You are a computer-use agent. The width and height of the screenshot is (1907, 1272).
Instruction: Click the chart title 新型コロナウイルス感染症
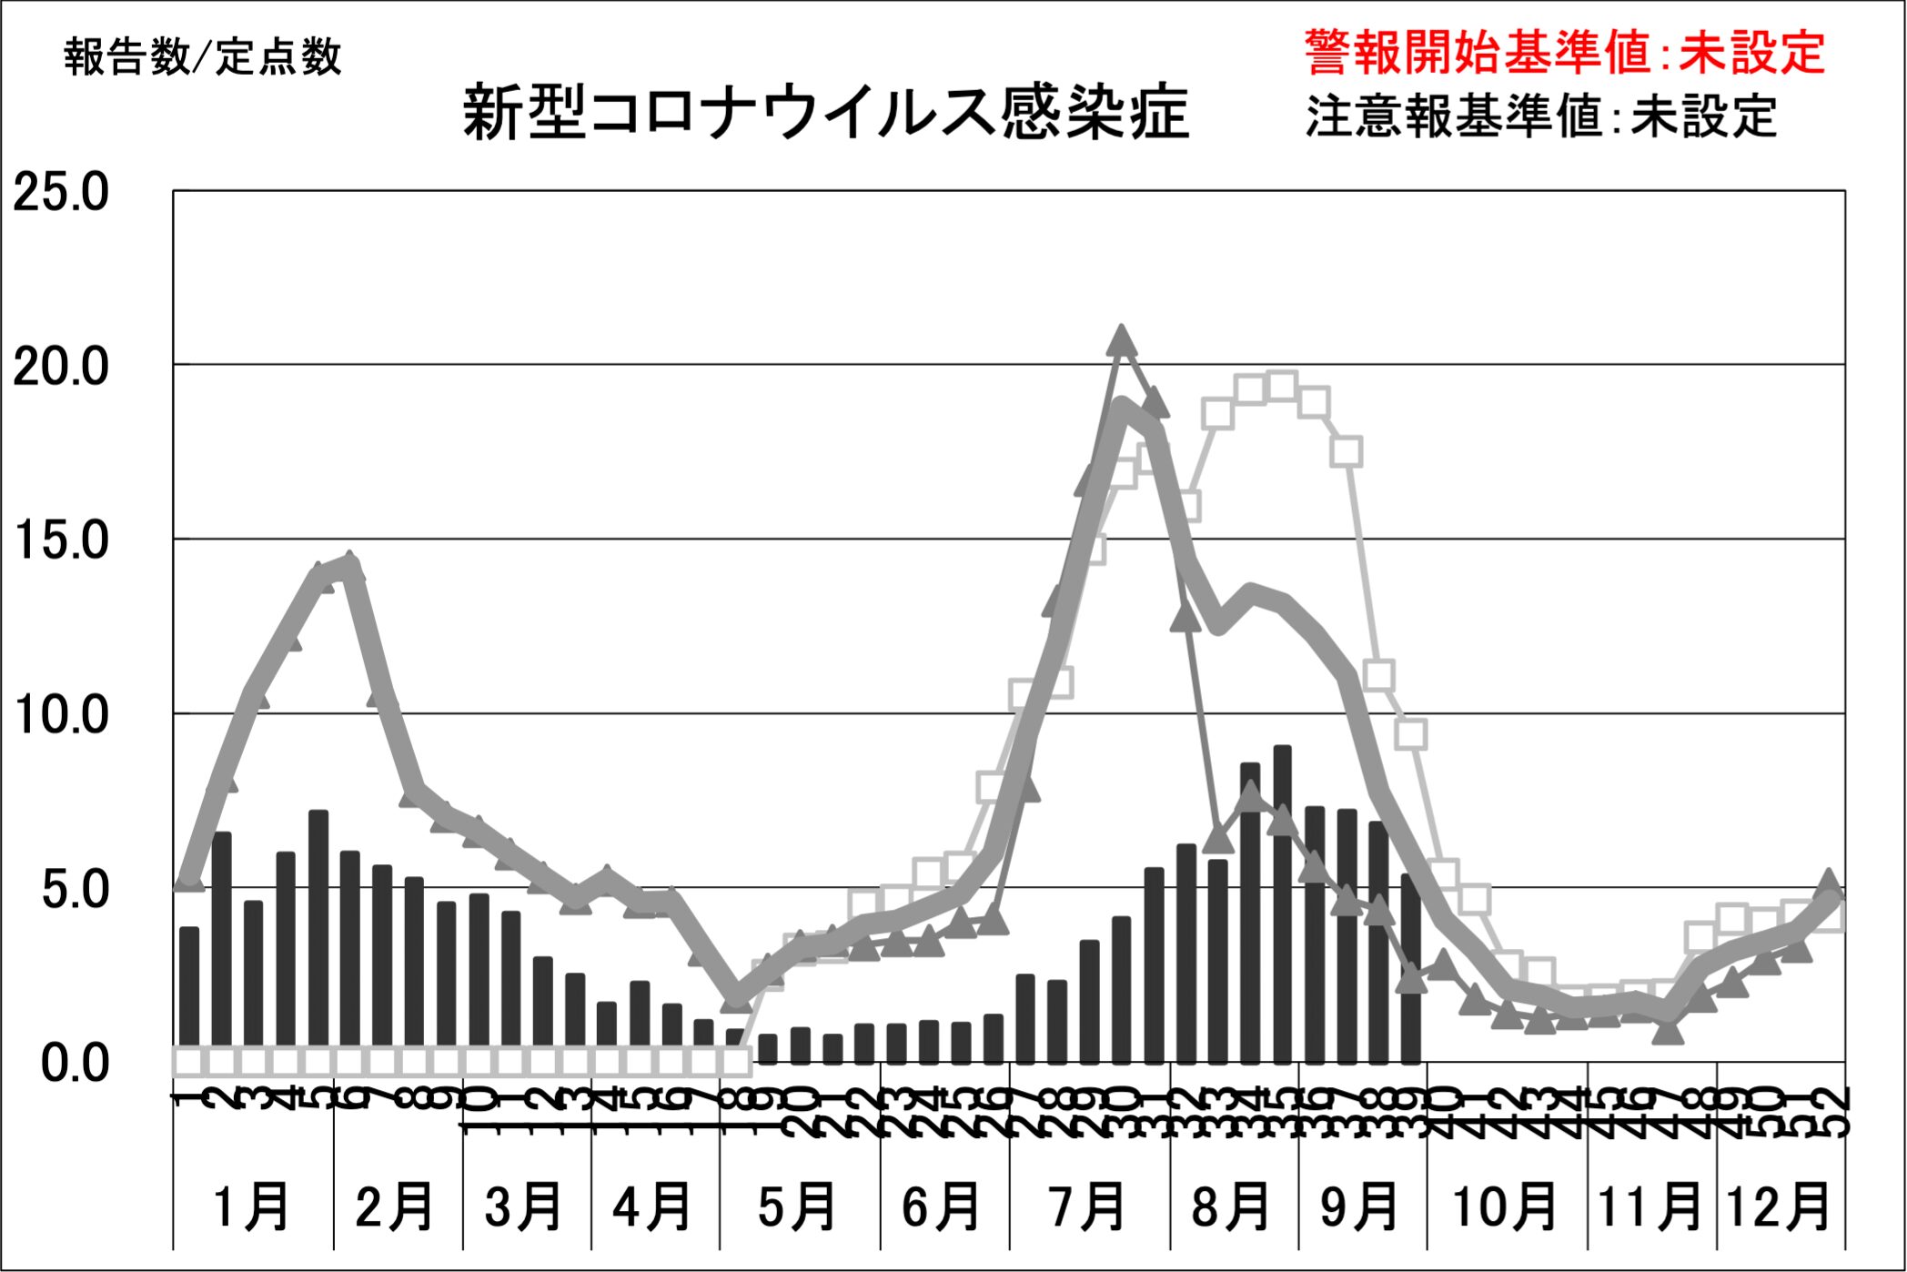pos(825,114)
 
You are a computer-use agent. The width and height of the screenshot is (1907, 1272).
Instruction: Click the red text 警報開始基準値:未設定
pos(1564,52)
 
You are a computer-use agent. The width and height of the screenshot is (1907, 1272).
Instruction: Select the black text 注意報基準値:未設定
pos(1541,116)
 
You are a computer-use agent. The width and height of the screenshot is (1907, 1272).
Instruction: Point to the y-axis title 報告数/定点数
pos(203,56)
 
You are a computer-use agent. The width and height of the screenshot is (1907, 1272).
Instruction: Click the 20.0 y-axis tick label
pos(61,367)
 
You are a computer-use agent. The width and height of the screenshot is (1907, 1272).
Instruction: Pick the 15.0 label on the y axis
pos(61,540)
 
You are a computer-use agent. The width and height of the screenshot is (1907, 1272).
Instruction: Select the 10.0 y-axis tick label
pos(61,715)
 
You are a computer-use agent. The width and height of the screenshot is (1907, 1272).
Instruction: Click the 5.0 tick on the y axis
pos(75,889)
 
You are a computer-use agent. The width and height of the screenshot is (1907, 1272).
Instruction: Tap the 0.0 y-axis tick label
pos(75,1063)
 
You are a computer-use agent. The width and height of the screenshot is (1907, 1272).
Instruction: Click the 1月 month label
pos(251,1206)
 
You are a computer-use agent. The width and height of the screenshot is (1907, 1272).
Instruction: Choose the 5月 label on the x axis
pos(798,1206)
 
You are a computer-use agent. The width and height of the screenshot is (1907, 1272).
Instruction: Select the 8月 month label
pos(1232,1206)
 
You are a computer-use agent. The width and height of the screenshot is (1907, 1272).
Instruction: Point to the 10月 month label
pos(1505,1206)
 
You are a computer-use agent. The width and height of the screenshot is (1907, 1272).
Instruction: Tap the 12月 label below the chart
pos(1779,1206)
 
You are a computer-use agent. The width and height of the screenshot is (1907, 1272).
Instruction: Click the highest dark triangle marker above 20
pos(1122,341)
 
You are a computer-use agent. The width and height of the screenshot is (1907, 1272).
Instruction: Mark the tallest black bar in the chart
pos(1282,904)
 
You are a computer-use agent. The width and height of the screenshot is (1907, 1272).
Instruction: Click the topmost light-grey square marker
pos(1282,387)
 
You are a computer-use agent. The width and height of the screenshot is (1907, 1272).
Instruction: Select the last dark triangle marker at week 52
pos(1830,883)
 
